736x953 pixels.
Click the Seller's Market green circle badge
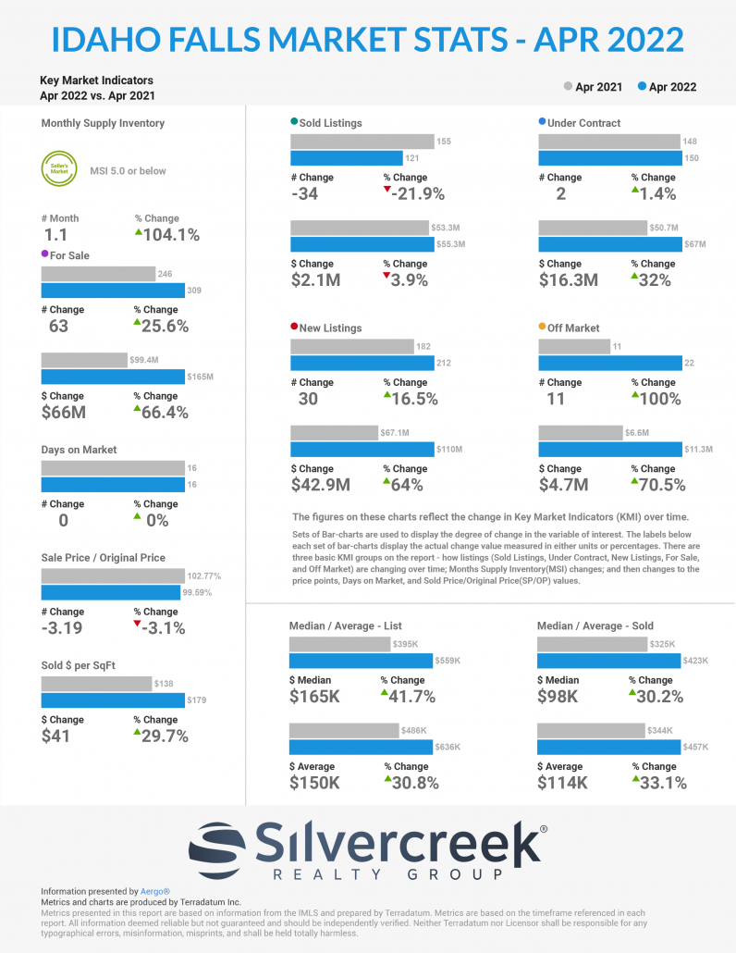click(57, 169)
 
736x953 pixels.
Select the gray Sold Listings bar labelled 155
click(362, 141)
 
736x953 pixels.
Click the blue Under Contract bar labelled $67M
click(610, 244)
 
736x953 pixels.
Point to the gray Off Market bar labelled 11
click(574, 346)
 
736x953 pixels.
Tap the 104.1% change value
click(171, 235)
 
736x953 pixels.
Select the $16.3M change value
click(569, 280)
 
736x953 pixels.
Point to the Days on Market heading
click(79, 450)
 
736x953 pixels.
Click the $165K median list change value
click(315, 697)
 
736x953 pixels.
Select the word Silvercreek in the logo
click(398, 844)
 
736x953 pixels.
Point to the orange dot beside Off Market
click(542, 328)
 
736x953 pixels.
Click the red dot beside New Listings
click(294, 328)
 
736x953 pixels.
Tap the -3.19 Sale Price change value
click(63, 629)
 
